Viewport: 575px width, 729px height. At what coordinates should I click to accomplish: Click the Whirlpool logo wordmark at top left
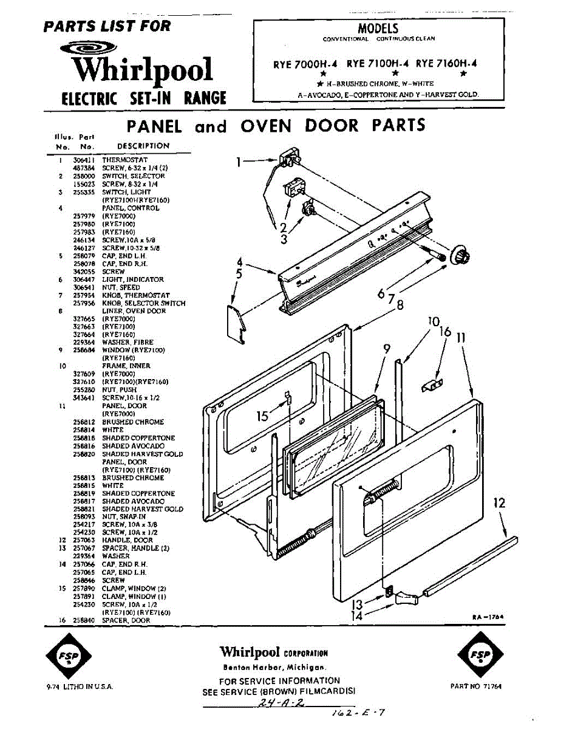143,69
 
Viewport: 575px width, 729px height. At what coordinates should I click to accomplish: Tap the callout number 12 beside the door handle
499,503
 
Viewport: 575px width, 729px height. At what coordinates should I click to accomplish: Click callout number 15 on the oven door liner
262,416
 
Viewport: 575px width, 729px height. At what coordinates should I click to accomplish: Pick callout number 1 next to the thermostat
240,162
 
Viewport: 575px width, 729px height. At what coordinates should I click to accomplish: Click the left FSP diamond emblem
68,659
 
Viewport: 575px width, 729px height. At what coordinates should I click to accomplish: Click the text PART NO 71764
476,686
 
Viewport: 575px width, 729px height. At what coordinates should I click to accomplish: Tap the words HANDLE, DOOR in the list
128,540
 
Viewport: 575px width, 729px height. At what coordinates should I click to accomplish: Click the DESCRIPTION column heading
143,146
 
